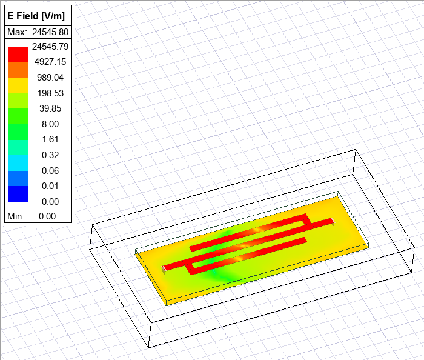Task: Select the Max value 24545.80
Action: (50, 32)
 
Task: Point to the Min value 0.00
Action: (47, 216)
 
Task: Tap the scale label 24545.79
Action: (51, 46)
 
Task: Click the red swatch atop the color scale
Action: (18, 54)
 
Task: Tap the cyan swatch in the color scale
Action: (18, 163)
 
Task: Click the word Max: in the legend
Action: (16, 32)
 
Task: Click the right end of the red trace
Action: (333, 221)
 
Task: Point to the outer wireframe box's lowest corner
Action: (150, 348)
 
